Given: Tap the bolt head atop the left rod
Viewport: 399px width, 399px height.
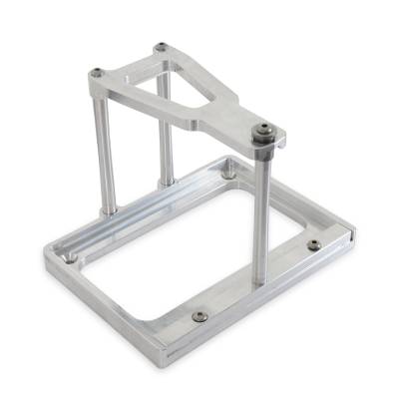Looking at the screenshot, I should (97, 72).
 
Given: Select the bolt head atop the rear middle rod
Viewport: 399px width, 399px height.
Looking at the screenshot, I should (161, 47).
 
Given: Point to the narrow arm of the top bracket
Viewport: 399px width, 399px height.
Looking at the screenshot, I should (221, 119).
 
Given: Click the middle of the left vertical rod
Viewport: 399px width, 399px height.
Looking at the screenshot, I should (104, 150).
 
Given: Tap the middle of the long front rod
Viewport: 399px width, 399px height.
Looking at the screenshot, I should (261, 214).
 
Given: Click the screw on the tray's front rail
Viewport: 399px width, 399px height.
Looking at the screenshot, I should (198, 316).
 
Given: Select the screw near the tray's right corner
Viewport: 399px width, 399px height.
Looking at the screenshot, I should (314, 244).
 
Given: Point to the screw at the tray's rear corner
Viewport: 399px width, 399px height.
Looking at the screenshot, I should (228, 174).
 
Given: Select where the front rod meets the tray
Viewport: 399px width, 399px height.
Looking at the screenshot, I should (261, 282).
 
